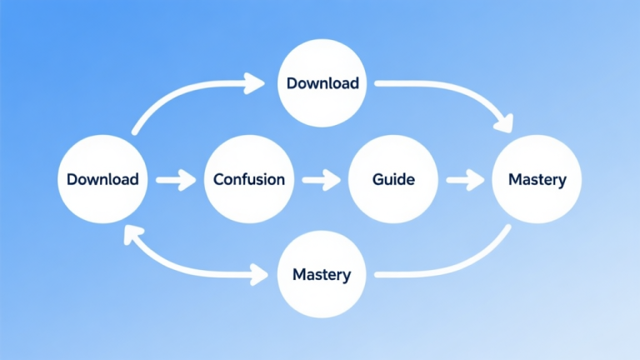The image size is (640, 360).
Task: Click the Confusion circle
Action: pos(249,179)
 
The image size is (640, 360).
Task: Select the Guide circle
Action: pos(393,179)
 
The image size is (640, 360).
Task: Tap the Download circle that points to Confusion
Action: pos(102,179)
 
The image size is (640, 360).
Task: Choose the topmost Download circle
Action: pos(322,83)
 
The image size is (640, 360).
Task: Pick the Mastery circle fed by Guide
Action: pos(537,179)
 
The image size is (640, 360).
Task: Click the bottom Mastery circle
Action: pos(322,274)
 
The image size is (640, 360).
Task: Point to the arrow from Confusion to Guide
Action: pos(321,179)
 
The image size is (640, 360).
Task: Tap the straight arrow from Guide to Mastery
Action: pos(465,179)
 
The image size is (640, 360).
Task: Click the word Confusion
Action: pos(249,179)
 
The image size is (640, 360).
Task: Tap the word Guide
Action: pos(393,179)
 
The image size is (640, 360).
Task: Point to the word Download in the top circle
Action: pos(322,83)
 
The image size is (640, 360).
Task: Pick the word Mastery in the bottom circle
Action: pos(322,274)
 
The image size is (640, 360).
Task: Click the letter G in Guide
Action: pos(377,179)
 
